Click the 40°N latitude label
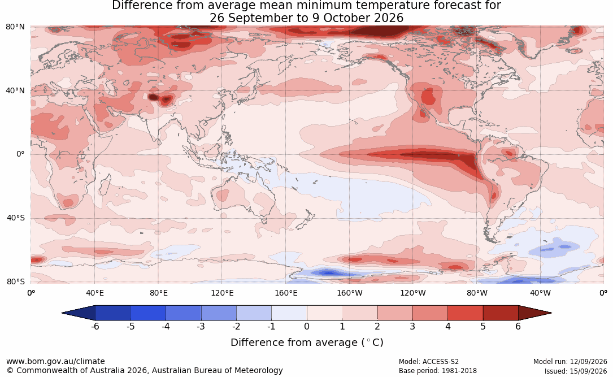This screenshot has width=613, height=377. pos(15,91)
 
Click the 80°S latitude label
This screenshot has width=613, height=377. pos(16,281)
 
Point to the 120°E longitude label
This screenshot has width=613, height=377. pos(222,293)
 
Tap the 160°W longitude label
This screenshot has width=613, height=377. pos(350,293)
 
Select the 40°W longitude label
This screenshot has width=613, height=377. pos(540,293)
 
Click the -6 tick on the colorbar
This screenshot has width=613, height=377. pos(95,326)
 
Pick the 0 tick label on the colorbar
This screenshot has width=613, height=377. pos(307,326)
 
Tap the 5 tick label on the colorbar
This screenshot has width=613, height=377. pos(483,326)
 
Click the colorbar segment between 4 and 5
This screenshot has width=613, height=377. pos(465,313)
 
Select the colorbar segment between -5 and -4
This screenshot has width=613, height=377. pos(148,313)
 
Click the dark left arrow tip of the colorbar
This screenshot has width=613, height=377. pos(63,313)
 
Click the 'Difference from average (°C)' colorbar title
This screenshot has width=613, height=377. pos(307,343)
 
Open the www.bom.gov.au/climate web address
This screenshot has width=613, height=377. pos(55,361)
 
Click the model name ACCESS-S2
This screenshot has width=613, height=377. pos(440,362)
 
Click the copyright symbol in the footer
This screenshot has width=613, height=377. pos(10,370)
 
